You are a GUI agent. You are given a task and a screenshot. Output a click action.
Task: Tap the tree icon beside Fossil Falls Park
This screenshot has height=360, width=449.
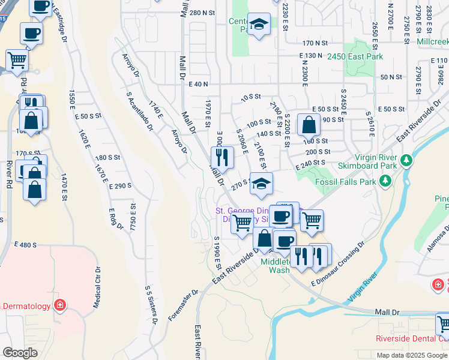pyautogui.click(x=385, y=181)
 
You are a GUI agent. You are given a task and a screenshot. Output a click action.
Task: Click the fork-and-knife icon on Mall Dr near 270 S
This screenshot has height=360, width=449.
pyautogui.click(x=223, y=157)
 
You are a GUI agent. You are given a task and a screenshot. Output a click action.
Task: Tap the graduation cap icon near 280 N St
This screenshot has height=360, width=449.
pyautogui.click(x=259, y=25)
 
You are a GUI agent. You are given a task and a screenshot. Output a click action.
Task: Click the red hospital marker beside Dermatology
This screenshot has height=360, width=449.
pyautogui.click(x=59, y=305)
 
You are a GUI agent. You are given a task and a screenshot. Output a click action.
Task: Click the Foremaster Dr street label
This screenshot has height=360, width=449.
pyautogui.click(x=183, y=305)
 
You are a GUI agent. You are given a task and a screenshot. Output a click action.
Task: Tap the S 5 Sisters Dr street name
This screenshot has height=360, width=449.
pyautogui.click(x=151, y=305)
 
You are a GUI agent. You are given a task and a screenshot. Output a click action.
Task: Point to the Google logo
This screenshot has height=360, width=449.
pyautogui.click(x=20, y=353)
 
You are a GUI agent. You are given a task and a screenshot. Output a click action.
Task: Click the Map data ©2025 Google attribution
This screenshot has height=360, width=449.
pyautogui.click(x=412, y=355)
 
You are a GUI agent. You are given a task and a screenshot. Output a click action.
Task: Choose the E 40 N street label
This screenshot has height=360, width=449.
pyautogui.click(x=197, y=85)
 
